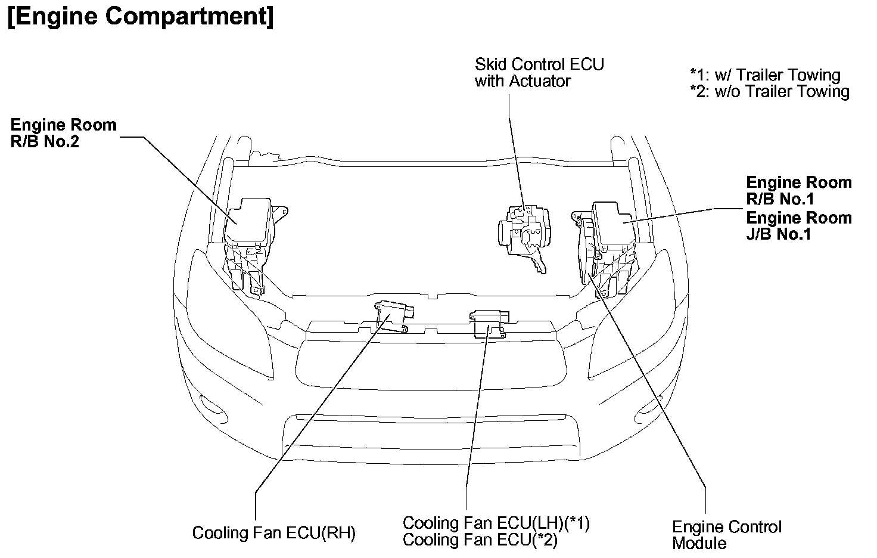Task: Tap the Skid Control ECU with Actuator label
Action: pos(539,72)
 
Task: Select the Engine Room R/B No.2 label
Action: pos(63,133)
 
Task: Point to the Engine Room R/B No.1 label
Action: pos(798,190)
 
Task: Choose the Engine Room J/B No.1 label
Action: pos(798,225)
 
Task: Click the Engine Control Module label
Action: pos(726,534)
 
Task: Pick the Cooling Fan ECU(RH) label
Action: pos(273,532)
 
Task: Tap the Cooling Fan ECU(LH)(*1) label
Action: pos(496,523)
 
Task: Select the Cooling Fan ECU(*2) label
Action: pos(480,540)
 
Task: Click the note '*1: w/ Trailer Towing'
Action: pos(765,75)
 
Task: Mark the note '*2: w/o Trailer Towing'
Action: pos(770,91)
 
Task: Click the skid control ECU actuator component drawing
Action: pos(524,232)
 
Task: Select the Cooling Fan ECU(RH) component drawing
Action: pos(393,314)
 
